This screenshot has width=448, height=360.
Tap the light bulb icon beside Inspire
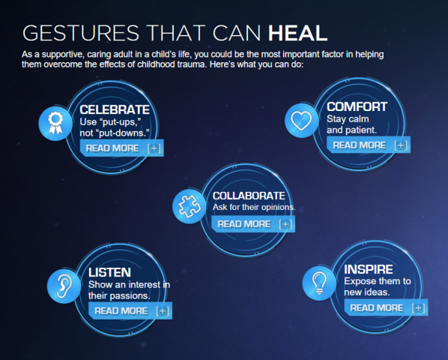pos(318,282)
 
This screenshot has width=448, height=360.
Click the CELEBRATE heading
pos(115,110)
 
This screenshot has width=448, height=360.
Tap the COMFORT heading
pos(357,106)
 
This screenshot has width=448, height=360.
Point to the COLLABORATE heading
pos(248,195)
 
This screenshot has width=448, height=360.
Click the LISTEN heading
pos(109,272)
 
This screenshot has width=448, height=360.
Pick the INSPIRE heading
pos(368,269)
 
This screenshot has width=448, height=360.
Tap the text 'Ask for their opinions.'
pos(254,207)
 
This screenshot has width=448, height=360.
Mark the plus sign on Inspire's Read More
pos(419,307)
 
